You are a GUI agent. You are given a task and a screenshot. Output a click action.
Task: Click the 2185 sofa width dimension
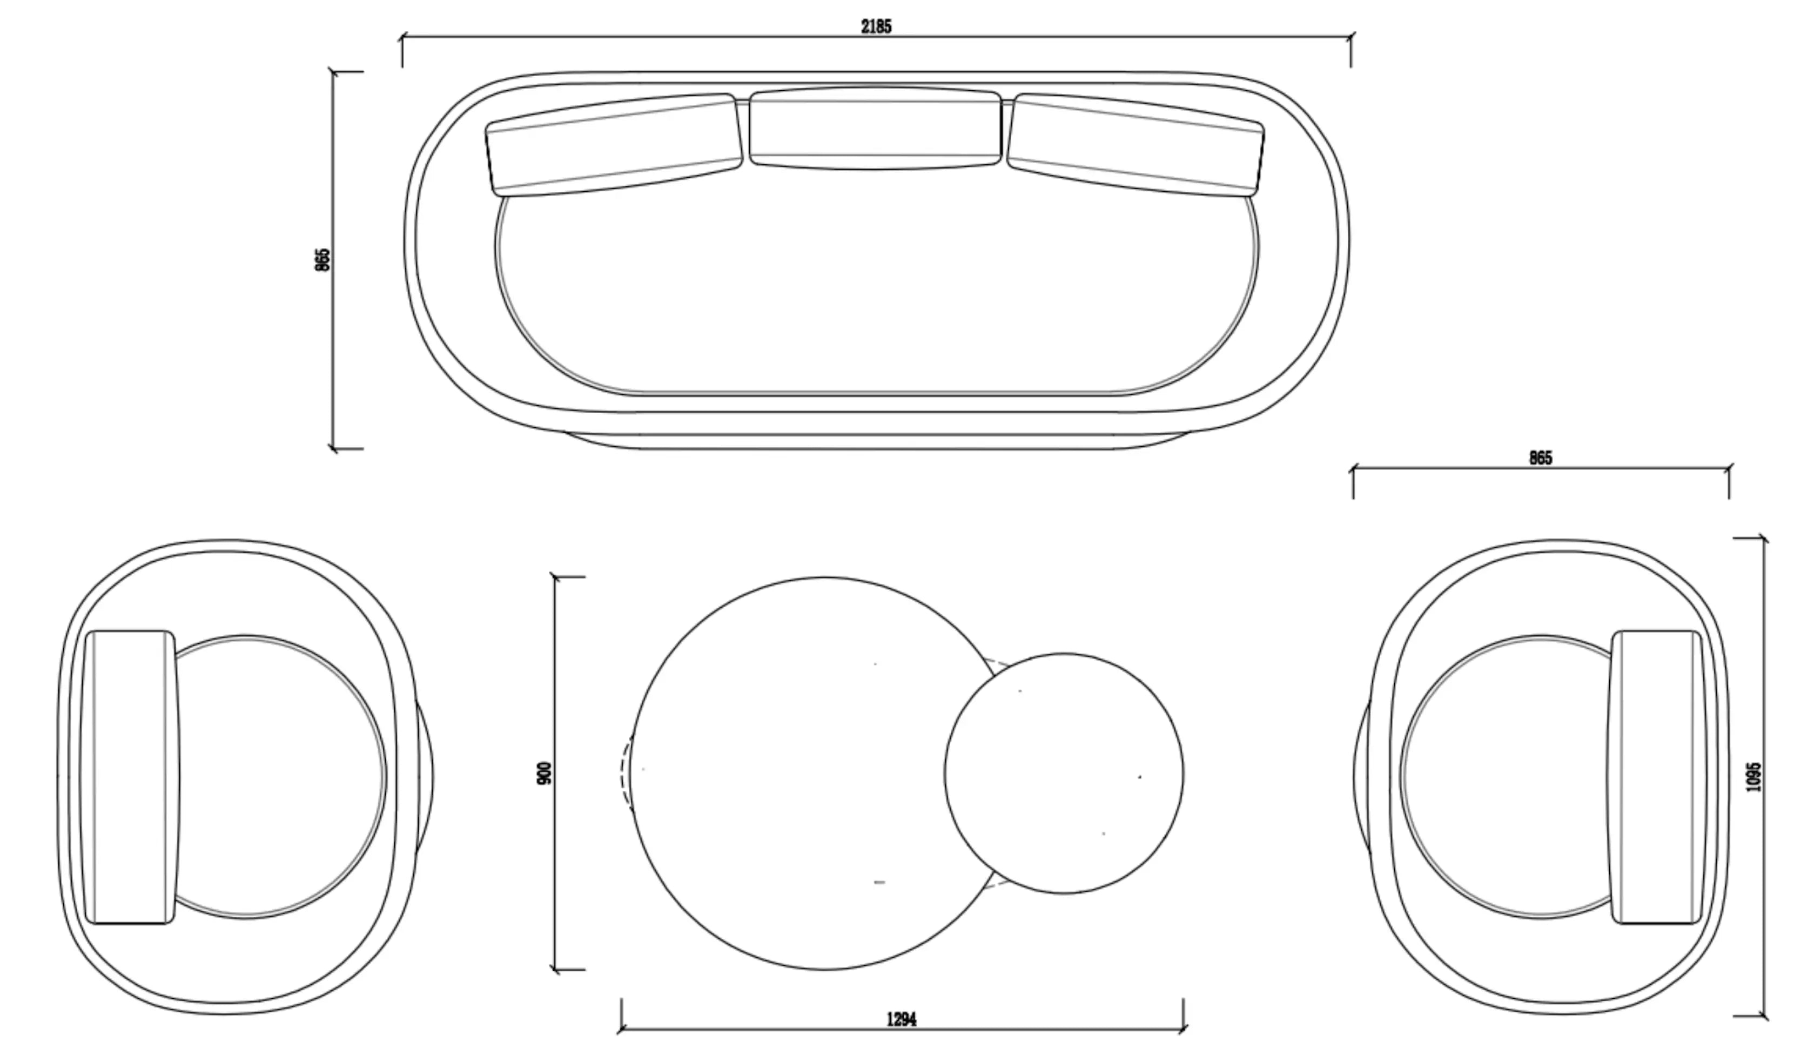point(876,26)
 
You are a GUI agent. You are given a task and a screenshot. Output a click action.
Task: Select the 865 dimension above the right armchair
point(1541,458)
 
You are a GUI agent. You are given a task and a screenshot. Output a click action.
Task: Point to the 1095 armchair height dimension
point(1752,776)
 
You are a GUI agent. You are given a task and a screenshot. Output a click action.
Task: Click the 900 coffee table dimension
point(545,773)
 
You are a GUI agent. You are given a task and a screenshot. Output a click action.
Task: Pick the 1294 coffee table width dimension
point(902,1019)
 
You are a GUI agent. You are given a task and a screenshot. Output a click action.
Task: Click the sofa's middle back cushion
point(875,128)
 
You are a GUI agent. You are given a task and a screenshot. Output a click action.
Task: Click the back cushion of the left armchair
point(130,777)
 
